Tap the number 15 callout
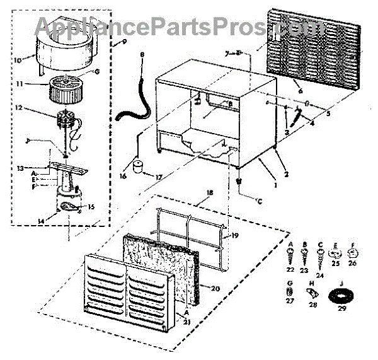[91, 207]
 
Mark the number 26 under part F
[352, 264]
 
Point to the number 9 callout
[123, 42]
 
